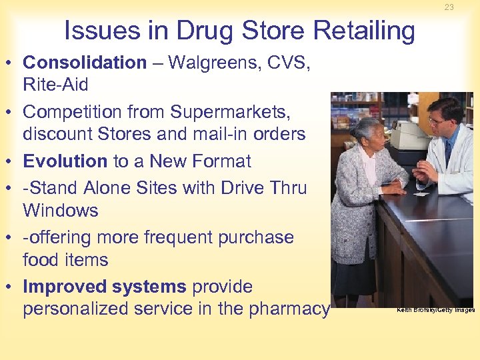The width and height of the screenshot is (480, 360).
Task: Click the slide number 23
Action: point(449,7)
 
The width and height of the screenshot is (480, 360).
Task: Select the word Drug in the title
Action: point(198,31)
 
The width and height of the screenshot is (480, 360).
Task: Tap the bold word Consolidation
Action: point(85,63)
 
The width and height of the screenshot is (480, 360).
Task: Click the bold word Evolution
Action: point(65,161)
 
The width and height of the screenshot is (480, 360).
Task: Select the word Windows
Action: point(60,211)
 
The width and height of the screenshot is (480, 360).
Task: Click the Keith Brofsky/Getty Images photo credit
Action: point(435,310)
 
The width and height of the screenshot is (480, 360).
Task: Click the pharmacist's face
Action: point(441,121)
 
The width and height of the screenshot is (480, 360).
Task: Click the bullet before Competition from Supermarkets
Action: point(11,112)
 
